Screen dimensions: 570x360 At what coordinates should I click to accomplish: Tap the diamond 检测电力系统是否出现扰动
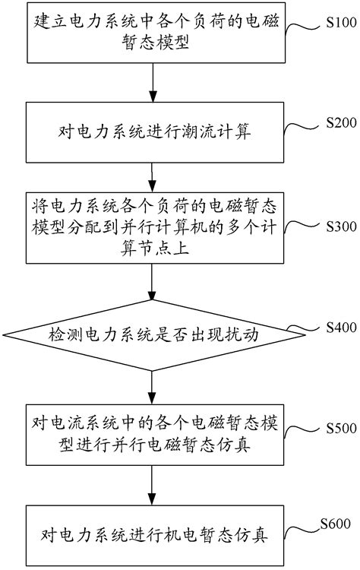click(152, 332)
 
